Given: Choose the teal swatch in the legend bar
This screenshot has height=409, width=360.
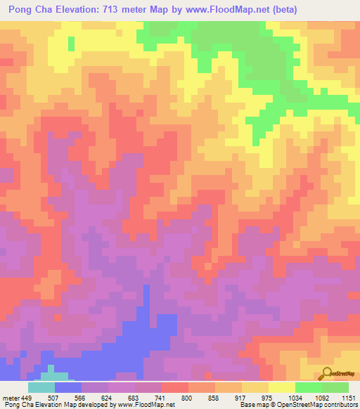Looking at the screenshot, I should click(x=41, y=387).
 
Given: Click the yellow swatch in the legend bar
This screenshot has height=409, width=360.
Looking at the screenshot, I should click(x=282, y=387).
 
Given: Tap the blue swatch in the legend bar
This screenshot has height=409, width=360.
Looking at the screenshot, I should click(x=68, y=387).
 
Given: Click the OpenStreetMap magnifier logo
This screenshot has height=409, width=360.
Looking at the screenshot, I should click(x=328, y=373).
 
